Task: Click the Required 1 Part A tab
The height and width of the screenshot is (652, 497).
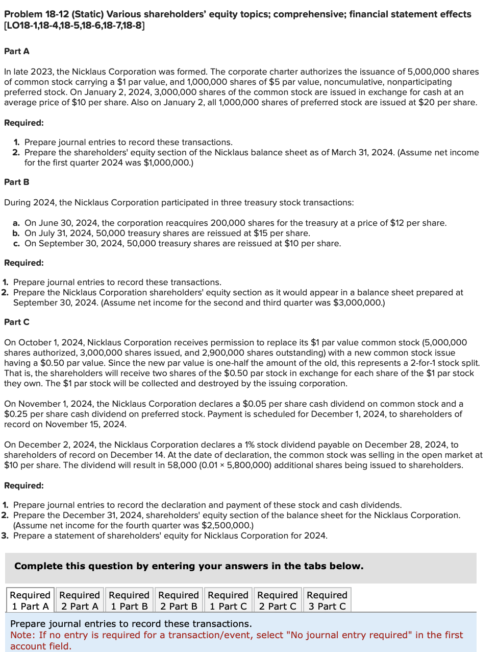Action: [30, 600]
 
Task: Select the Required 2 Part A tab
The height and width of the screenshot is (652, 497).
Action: [80, 600]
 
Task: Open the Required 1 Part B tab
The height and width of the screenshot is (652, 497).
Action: [129, 600]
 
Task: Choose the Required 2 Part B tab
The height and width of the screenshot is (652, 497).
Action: [179, 600]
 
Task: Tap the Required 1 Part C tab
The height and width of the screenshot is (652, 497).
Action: [228, 600]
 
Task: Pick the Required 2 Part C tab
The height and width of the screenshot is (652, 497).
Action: [278, 600]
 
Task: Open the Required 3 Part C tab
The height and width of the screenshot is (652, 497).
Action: [327, 600]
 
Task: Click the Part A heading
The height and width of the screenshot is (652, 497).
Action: [17, 51]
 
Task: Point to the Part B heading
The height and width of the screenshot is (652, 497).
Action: [17, 182]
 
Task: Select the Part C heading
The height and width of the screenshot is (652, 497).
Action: [17, 322]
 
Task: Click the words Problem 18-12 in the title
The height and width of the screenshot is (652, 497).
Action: [36, 14]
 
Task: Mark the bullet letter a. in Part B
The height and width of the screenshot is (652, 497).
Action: [16, 223]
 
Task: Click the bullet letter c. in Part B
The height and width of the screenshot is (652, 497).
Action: [16, 243]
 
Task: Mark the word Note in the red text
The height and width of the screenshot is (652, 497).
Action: [21, 635]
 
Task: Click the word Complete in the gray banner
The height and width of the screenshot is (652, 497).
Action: [39, 566]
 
